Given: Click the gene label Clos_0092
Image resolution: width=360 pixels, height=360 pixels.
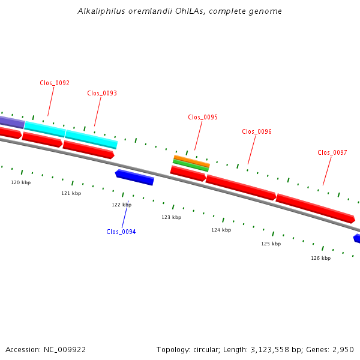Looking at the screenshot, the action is click(x=55, y=83).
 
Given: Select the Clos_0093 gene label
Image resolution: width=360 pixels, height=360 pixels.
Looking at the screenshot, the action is click(x=102, y=93).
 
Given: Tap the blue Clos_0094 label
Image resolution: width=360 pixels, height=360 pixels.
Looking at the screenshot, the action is click(x=121, y=232).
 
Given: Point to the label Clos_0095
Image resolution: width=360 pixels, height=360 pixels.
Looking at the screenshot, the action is click(x=203, y=117).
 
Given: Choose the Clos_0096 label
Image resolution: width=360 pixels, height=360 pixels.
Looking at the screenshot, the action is click(x=257, y=131).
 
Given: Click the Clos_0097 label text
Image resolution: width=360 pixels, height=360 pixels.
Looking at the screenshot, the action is click(x=332, y=152).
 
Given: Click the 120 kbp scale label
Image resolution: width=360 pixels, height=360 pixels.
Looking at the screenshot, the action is click(x=21, y=182).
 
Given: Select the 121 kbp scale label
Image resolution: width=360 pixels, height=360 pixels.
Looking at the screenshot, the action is click(x=71, y=193).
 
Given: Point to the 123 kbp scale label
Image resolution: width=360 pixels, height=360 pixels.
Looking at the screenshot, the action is click(x=172, y=217).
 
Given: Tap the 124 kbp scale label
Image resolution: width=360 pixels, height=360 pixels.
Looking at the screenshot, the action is click(x=221, y=230).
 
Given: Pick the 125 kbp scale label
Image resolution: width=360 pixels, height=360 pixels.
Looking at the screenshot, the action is click(x=271, y=244).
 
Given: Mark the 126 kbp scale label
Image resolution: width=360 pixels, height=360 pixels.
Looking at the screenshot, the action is click(x=321, y=258).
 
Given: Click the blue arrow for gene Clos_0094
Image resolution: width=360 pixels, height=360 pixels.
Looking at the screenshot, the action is click(x=134, y=177).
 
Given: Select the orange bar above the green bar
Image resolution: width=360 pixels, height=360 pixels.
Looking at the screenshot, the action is click(x=192, y=161).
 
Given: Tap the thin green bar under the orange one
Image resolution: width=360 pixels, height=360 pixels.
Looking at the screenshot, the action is click(x=191, y=166).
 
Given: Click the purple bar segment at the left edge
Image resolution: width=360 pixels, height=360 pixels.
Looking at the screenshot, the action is click(x=12, y=122).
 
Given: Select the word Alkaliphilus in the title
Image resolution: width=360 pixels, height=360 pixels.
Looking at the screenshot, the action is click(x=101, y=11).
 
